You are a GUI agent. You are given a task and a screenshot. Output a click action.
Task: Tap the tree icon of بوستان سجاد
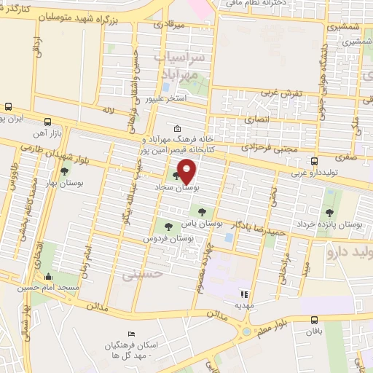[x=175, y=176]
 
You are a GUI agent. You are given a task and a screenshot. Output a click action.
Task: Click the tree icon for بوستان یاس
[x=202, y=211]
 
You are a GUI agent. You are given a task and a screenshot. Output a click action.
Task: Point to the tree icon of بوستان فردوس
[x=169, y=227]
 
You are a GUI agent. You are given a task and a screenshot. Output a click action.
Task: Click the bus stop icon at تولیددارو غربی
[x=314, y=161]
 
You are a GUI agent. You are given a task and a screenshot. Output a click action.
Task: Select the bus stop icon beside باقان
[x=314, y=319]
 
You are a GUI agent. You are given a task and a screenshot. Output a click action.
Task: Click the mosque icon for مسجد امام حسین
[x=49, y=276]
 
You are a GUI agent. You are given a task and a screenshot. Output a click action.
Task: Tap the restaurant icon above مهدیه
[x=244, y=295]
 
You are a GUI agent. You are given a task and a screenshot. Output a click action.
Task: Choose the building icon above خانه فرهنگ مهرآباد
[x=178, y=127]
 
